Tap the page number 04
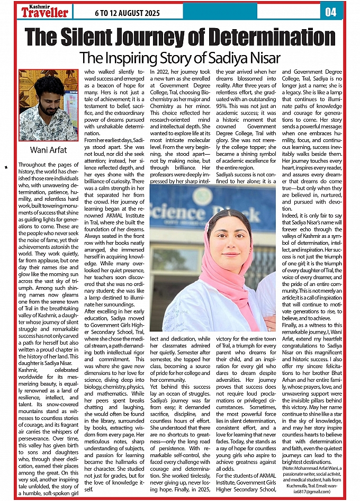point(330,12)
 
